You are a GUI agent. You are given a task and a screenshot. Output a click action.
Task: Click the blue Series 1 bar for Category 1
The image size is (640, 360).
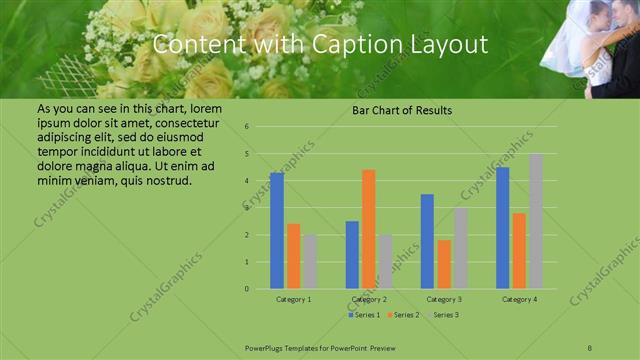[277, 231]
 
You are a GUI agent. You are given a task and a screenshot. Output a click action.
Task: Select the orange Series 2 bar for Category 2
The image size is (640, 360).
[369, 229]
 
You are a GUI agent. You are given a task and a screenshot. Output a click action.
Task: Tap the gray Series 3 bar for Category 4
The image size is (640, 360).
[536, 221]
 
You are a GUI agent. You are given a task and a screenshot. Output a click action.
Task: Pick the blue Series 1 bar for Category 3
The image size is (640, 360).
[427, 241]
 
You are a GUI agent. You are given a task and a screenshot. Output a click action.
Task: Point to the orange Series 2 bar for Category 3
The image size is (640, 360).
[444, 264]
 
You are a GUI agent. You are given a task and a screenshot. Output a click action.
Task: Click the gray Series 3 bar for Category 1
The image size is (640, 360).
[310, 262]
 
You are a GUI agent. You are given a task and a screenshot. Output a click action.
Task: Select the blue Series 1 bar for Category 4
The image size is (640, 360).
[503, 228]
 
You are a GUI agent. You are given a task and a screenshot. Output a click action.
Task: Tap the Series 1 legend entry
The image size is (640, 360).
[364, 315]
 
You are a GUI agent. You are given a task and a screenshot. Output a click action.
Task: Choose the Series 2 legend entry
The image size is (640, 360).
[403, 315]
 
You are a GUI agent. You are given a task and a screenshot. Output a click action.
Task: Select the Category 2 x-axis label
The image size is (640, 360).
[369, 299]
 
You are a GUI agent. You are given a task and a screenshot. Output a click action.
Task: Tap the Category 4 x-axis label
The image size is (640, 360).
[519, 299]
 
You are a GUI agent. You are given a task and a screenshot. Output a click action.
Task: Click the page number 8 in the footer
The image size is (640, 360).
[590, 347]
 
